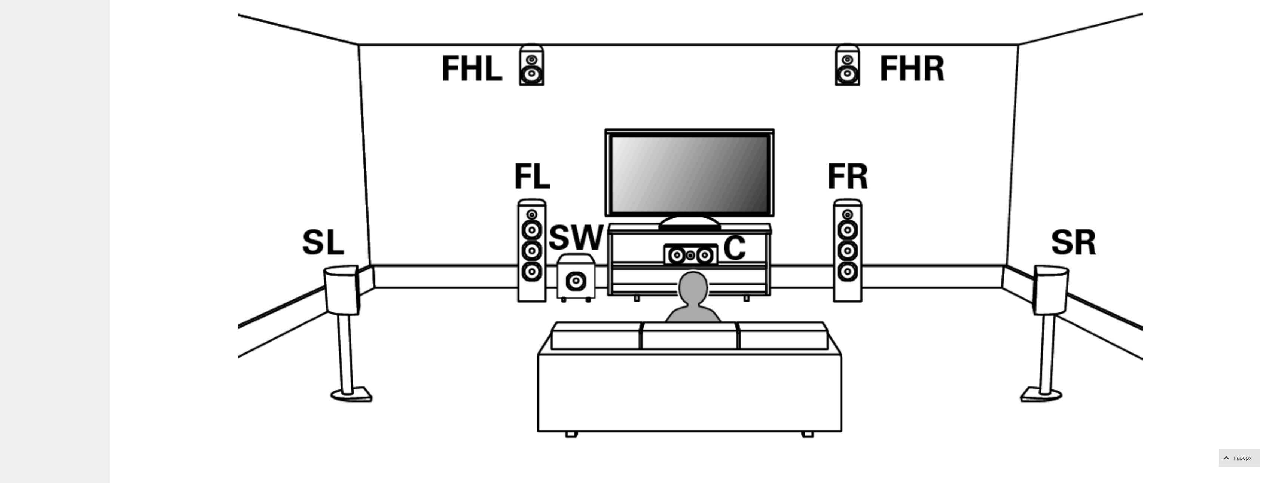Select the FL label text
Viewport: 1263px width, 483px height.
pyautogui.click(x=532, y=177)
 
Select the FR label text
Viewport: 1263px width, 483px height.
pyautogui.click(x=847, y=177)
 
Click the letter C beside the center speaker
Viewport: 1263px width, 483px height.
pyautogui.click(x=734, y=248)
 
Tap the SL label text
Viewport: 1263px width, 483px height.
pyautogui.click(x=323, y=242)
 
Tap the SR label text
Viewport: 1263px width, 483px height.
pyautogui.click(x=1073, y=242)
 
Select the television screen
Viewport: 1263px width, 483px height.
pyautogui.click(x=690, y=174)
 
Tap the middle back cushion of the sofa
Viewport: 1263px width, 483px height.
pyautogui.click(x=689, y=336)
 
